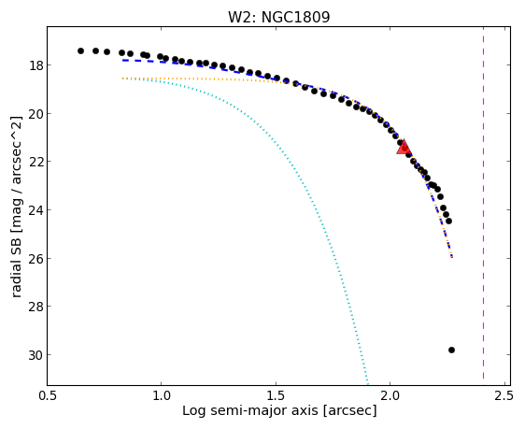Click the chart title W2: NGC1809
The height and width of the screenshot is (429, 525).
279,17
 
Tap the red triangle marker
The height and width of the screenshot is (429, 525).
404,147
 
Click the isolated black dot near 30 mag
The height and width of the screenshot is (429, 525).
451,350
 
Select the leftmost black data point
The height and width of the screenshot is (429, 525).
80,50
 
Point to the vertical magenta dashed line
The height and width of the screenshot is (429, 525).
483,203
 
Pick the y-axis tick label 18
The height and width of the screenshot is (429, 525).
35,65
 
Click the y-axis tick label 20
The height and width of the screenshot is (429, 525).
35,114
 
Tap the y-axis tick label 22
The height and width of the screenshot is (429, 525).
35,162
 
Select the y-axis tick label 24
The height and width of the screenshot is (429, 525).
35,210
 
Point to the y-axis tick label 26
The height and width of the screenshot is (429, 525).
35,259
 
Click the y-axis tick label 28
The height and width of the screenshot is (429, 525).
35,307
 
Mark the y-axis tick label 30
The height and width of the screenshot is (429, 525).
35,355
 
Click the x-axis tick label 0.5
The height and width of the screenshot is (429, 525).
48,396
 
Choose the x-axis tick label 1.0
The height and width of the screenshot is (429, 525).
162,396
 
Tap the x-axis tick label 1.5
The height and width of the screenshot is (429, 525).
276,396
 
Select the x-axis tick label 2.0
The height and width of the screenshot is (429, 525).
390,396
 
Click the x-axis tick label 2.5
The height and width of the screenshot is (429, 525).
504,396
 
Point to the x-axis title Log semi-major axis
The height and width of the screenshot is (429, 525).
250,410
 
